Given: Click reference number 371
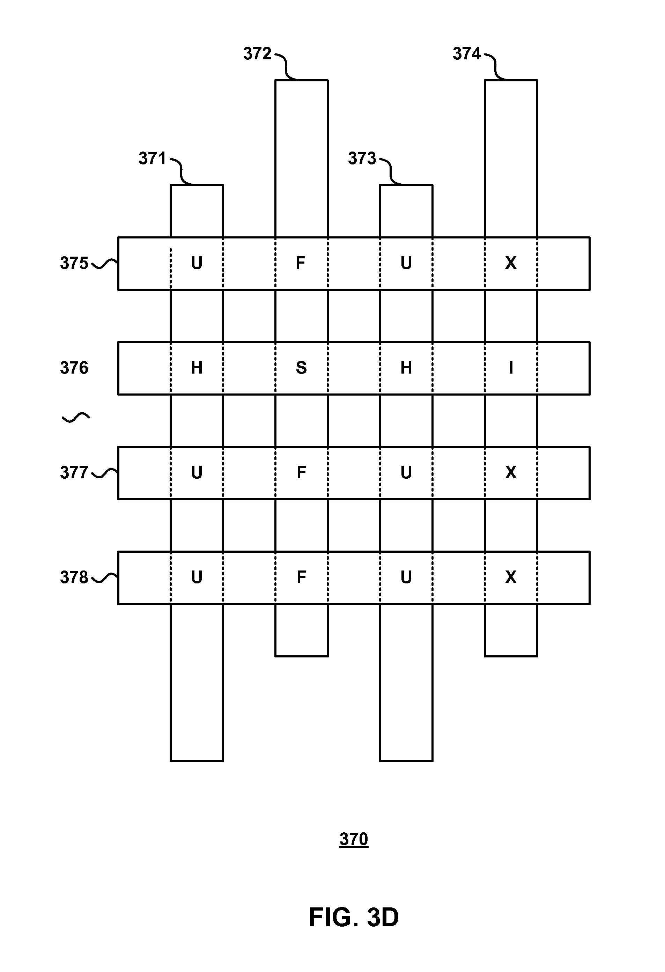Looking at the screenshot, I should [x=152, y=159].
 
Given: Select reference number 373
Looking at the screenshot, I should [x=362, y=159].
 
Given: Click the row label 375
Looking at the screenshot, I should [x=74, y=264].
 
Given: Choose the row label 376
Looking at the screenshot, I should [x=74, y=368].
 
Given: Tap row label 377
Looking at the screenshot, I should [x=74, y=473].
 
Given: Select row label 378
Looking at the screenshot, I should [x=74, y=577].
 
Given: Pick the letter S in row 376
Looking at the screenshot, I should [x=301, y=368].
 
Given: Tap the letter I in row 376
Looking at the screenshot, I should [x=511, y=368].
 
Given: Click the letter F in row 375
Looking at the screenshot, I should [x=301, y=263].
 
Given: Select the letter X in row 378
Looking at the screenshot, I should [x=511, y=577].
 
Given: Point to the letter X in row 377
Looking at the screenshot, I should [x=511, y=473].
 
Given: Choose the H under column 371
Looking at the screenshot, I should [x=197, y=368].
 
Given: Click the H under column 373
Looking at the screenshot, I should [x=406, y=368].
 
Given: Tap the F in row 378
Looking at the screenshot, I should [x=301, y=577].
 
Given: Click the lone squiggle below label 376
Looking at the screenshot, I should [x=76, y=418].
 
